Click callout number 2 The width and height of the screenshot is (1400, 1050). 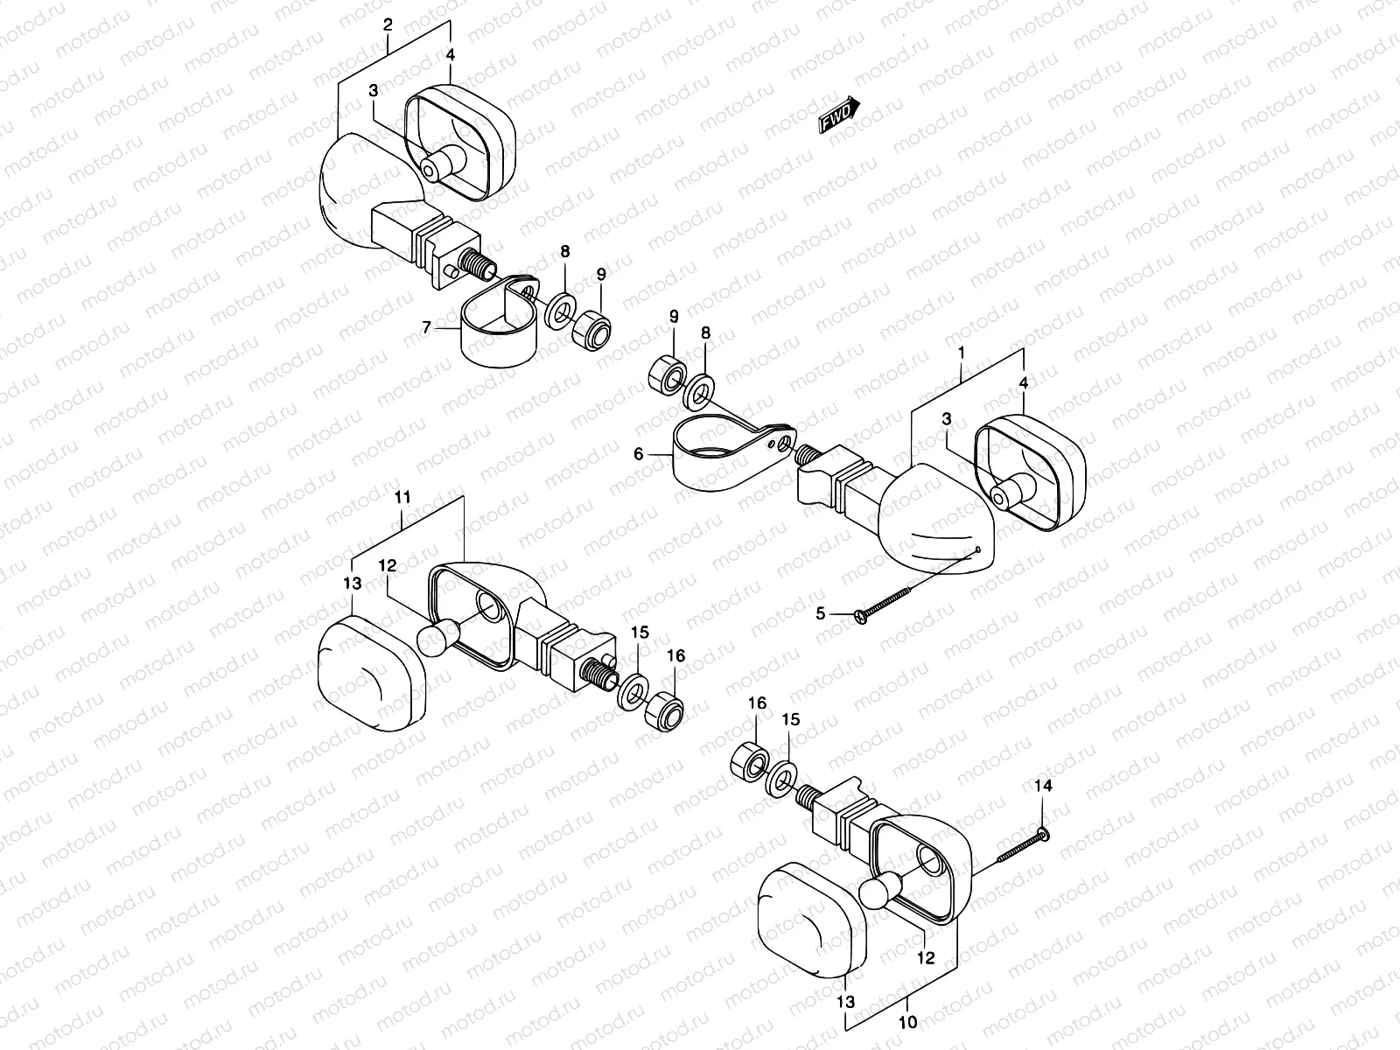[x=388, y=25]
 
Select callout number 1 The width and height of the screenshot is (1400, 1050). [x=961, y=353]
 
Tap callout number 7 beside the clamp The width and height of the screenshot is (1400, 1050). [x=427, y=328]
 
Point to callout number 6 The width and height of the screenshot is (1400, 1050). [x=638, y=454]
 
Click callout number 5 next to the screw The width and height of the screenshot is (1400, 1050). [x=820, y=614]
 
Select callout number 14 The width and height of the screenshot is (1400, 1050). [x=1041, y=787]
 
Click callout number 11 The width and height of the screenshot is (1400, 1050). [x=402, y=497]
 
